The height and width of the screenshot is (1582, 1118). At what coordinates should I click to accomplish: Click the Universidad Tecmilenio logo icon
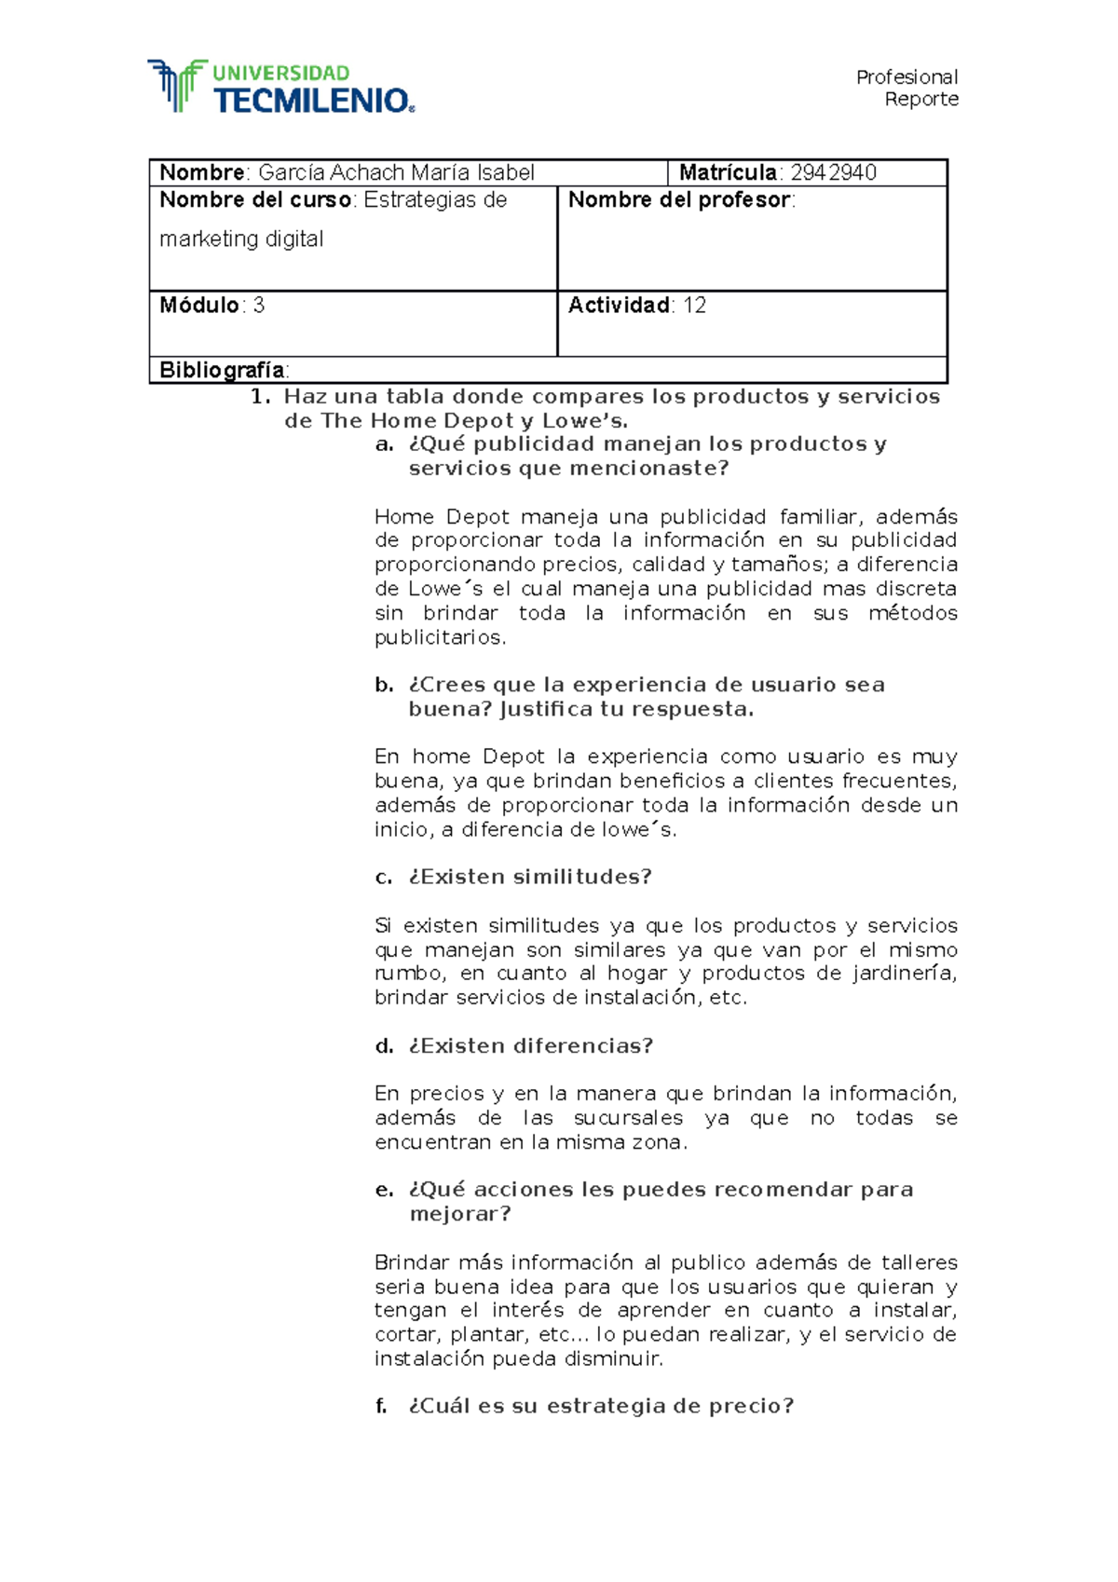pyautogui.click(x=177, y=86)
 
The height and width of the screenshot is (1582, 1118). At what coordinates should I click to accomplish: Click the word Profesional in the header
pyautogui.click(x=907, y=77)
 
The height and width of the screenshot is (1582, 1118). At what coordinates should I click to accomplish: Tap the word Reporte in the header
pyautogui.click(x=920, y=100)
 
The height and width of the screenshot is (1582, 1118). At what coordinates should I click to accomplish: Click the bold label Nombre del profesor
pyautogui.click(x=679, y=200)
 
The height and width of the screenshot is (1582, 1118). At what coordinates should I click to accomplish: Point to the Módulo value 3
pyautogui.click(x=259, y=306)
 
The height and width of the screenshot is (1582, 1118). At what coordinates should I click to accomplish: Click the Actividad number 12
pyautogui.click(x=694, y=306)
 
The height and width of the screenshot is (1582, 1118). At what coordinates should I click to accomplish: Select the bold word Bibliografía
pyautogui.click(x=222, y=370)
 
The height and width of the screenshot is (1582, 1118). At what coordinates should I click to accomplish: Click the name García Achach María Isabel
pyautogui.click(x=396, y=173)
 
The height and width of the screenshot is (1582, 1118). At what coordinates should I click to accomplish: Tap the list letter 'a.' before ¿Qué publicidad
pyautogui.click(x=385, y=444)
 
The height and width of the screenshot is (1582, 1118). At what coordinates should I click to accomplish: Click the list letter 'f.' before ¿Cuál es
pyautogui.click(x=381, y=1406)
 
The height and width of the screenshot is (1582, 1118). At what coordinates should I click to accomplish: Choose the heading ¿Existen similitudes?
pyautogui.click(x=529, y=877)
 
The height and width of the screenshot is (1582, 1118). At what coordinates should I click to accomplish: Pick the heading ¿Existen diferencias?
pyautogui.click(x=530, y=1046)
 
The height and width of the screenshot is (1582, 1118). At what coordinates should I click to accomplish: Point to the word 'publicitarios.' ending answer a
pyautogui.click(x=441, y=638)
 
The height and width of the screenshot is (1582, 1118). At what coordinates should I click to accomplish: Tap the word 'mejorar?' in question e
pyautogui.click(x=460, y=1214)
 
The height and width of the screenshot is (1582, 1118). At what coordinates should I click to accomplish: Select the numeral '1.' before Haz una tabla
pyautogui.click(x=261, y=397)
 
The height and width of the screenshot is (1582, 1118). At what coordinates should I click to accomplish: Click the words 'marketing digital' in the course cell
pyautogui.click(x=241, y=239)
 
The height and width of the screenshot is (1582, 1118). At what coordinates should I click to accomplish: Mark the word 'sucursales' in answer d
pyautogui.click(x=628, y=1118)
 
